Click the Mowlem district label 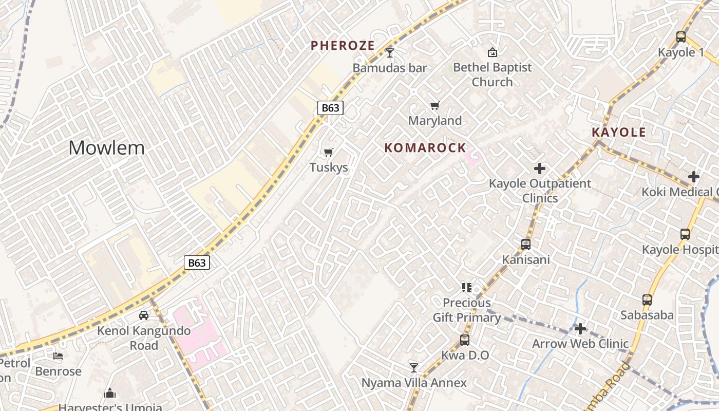coord(107,148)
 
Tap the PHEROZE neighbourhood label coord(343,45)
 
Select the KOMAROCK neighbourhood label coord(425,148)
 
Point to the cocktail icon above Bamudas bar coord(390,52)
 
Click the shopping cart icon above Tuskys coord(329,152)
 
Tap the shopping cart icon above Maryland coord(435,106)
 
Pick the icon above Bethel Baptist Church coord(492,52)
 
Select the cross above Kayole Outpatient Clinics coord(540,168)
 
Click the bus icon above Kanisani coord(526,245)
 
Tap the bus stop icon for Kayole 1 coord(681,37)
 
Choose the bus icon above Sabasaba coord(647,300)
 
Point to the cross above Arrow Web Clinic coord(580,329)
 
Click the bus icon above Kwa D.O coord(465,340)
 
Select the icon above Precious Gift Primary coord(466,288)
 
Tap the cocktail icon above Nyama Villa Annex coord(414,367)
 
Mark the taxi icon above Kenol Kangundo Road coord(144,315)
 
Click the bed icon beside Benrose coord(58,356)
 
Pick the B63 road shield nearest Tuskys coord(330,108)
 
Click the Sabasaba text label coord(647,315)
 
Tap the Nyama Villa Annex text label coord(414,383)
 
